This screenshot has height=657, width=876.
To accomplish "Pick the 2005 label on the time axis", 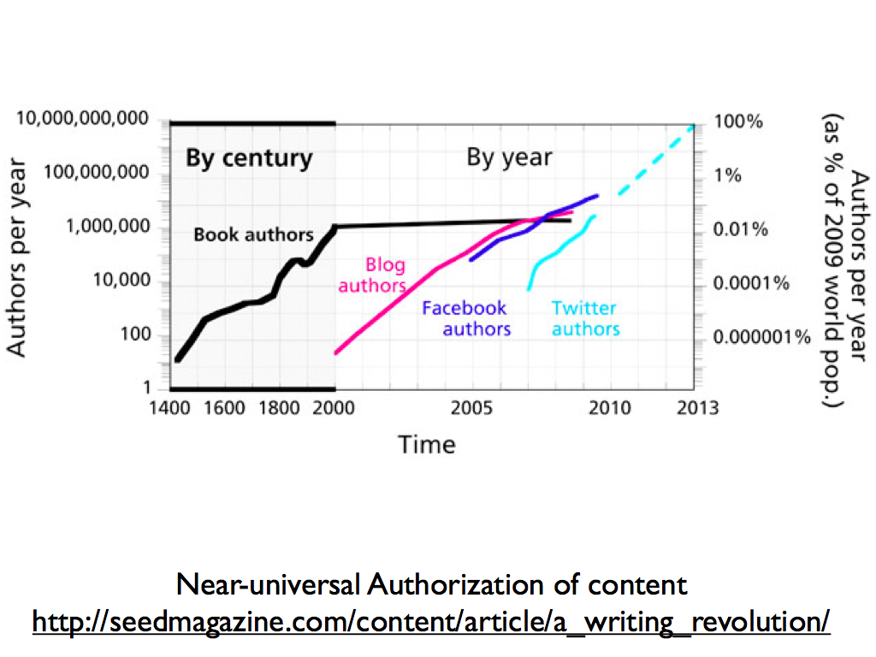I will point(472,407).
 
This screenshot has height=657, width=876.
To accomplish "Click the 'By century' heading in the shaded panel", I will point(249,159).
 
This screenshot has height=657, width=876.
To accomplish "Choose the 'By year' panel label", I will point(509,158).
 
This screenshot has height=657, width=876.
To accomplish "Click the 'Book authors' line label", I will point(253,234).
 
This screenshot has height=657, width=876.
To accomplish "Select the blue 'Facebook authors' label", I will point(466,318).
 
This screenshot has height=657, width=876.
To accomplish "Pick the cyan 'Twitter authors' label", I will point(585,318).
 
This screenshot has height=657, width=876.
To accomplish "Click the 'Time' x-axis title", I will point(426,445).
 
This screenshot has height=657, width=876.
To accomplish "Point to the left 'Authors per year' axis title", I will point(17,257).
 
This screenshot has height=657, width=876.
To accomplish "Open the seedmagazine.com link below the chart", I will point(431,620).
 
